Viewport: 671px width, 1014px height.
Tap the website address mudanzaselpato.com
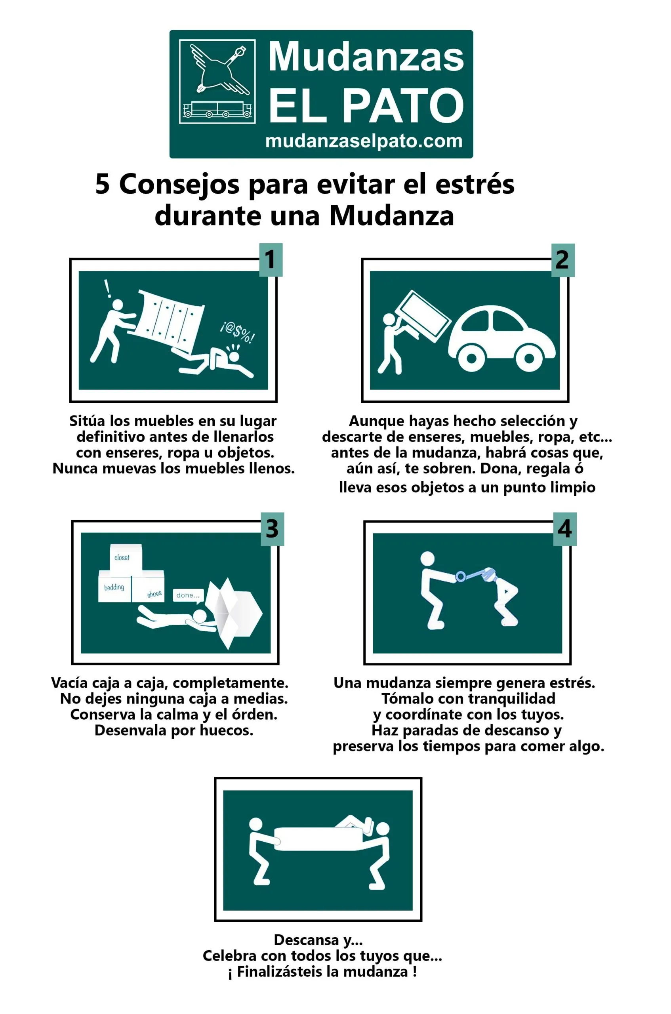(x=364, y=141)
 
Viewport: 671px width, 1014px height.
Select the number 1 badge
(x=271, y=260)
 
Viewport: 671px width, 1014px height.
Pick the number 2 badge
(x=562, y=260)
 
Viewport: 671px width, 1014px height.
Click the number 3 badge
(x=273, y=529)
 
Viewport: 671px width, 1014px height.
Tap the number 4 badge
(x=565, y=529)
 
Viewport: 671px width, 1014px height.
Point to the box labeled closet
(x=126, y=557)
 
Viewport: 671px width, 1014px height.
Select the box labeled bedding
(x=115, y=586)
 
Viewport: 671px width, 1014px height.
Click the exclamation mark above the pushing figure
(x=108, y=289)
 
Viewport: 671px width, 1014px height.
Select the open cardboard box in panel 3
(x=233, y=614)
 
